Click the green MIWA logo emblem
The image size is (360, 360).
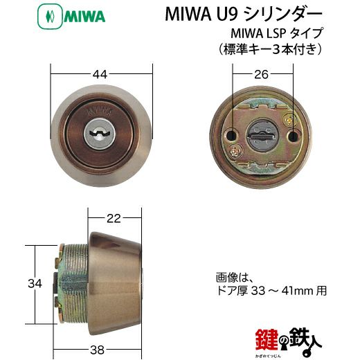(50, 16)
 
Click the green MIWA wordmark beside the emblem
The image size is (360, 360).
(84, 17)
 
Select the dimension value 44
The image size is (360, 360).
(100, 74)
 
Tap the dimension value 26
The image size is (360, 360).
(261, 74)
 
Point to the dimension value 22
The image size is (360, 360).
(114, 218)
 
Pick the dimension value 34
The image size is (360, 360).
(35, 283)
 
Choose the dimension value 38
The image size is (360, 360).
(97, 350)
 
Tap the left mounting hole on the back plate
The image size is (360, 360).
(231, 136)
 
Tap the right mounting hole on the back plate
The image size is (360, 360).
(293, 136)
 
